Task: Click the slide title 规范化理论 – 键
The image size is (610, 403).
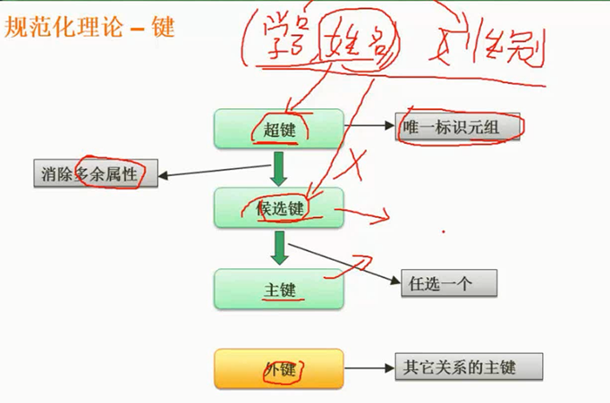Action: point(89,27)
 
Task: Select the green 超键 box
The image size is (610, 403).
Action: point(278,129)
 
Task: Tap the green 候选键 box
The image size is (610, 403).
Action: point(278,207)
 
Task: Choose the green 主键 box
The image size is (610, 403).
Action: point(278,290)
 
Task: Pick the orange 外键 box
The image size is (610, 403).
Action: point(278,368)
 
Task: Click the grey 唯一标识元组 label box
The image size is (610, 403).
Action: point(459,129)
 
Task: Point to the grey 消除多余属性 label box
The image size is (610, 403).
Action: point(96,174)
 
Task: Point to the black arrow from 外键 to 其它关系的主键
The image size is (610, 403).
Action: point(369,367)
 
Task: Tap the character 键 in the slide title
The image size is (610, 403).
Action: point(162,27)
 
